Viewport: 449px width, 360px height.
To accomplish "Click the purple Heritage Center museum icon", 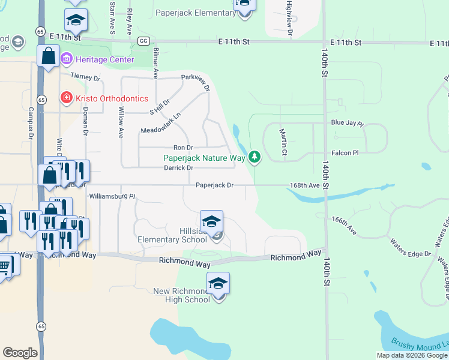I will coord(67,59).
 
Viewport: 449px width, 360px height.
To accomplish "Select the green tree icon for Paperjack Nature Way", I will coord(255,157).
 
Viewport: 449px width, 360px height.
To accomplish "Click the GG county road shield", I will coord(143,41).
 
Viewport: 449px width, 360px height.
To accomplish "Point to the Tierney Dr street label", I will coord(85,77).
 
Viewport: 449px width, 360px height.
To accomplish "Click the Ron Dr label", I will coord(183,148).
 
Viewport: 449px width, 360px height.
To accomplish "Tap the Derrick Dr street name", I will coord(178,168).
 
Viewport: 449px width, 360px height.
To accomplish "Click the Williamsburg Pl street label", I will coord(112,196).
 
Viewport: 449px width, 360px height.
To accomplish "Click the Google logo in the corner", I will coord(20,353).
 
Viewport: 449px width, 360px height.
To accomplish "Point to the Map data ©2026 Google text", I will coord(412,355).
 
